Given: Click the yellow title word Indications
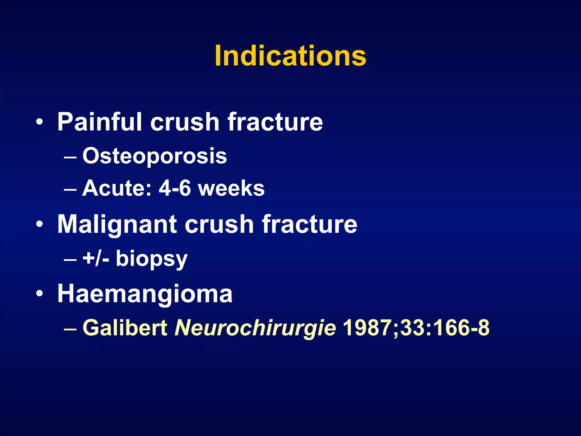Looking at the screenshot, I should point(290,56).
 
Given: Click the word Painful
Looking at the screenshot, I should point(99,122).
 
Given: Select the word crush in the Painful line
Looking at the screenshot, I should point(185,122).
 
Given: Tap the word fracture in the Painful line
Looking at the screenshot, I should point(275,122).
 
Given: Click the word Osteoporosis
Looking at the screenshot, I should point(155,156).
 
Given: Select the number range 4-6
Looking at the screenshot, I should point(175,188).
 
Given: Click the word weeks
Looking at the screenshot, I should point(231,188).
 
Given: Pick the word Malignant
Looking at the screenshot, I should point(117,225).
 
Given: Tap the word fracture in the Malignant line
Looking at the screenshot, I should point(310,225).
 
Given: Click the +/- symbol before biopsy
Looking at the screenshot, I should point(96,259).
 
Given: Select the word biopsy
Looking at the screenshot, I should point(151,259).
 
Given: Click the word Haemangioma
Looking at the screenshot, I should point(145,294).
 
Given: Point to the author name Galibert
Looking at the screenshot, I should point(125,328).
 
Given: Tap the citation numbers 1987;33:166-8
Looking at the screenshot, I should point(416,328).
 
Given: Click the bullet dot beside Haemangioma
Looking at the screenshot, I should point(40,294).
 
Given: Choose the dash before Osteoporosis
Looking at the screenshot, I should point(70,157).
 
